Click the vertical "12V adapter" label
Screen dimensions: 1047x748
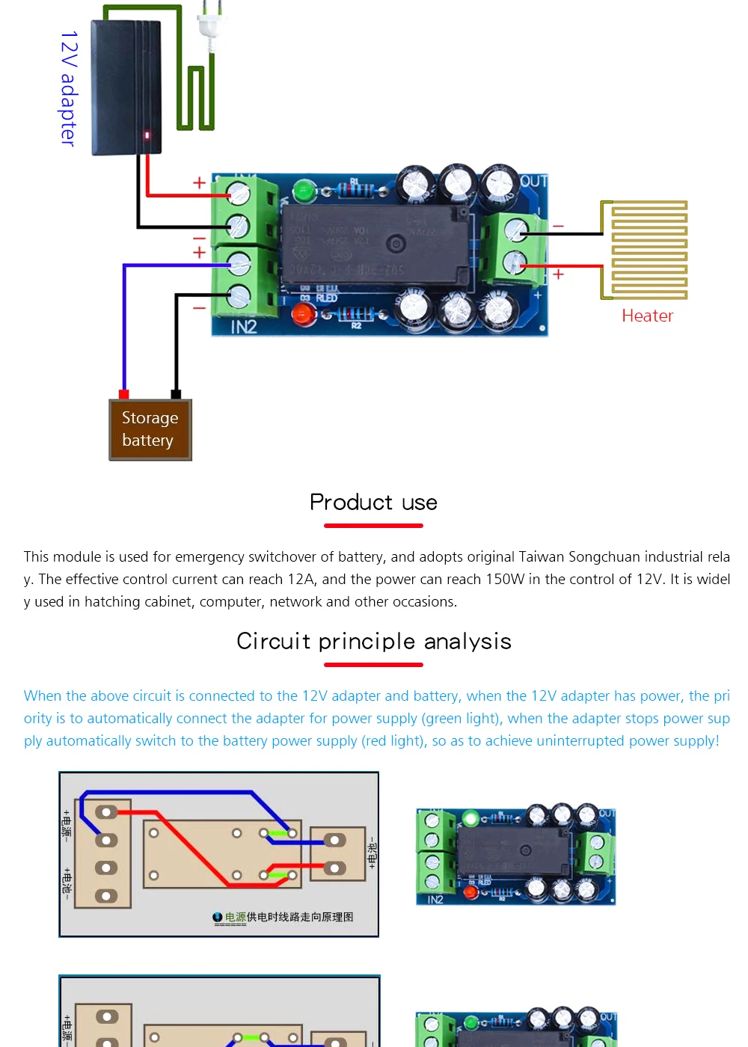pyautogui.click(x=68, y=88)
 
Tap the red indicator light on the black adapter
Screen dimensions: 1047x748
pyautogui.click(x=147, y=135)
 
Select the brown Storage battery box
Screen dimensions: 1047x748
pyautogui.click(x=150, y=430)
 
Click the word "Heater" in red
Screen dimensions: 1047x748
pyautogui.click(x=647, y=316)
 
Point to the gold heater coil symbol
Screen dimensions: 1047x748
pyautogui.click(x=645, y=250)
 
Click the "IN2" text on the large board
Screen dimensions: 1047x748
pyautogui.click(x=244, y=327)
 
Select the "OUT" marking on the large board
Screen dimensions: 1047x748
pyautogui.click(x=534, y=182)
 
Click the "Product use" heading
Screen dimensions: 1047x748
pyautogui.click(x=373, y=502)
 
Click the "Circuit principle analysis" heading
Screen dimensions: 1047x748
pyautogui.click(x=373, y=641)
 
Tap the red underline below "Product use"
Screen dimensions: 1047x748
pyautogui.click(x=373, y=526)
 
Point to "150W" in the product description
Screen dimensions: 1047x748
pyautogui.click(x=506, y=579)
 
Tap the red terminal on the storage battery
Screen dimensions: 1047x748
pyautogui.click(x=124, y=394)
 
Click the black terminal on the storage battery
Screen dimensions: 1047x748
pyautogui.click(x=176, y=394)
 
